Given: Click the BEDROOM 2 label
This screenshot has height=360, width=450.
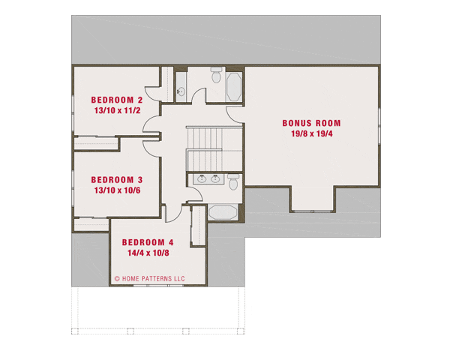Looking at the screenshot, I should coord(116,100).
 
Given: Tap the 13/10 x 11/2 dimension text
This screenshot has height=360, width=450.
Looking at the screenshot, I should coord(116,110).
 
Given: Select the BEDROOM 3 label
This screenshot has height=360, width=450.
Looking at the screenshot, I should coord(116,180).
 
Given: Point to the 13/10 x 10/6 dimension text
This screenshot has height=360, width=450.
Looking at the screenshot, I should coord(116,190).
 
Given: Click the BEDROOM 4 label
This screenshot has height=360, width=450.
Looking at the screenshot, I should coord(148,242).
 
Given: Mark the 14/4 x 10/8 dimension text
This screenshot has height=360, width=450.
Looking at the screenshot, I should coord(148,253).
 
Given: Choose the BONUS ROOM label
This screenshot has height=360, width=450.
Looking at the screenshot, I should coord(311,123).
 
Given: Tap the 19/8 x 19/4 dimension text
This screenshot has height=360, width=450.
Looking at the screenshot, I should coord(311,133).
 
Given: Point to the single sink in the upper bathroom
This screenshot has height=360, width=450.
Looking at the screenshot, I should coord(181,91).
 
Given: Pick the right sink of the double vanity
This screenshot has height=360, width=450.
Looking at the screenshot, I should coord(216,178).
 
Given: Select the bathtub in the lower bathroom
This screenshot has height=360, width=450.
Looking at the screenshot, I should coord(222,211).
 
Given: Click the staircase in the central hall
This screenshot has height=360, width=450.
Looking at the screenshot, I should coord(203,148).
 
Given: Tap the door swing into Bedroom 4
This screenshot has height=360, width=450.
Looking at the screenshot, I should coord(172,211).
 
